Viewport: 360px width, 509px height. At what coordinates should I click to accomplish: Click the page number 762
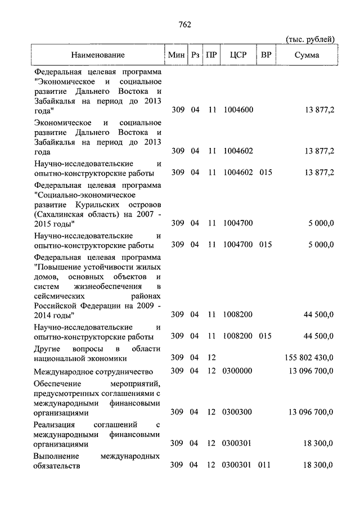184,24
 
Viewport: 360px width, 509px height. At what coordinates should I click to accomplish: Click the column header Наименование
98,55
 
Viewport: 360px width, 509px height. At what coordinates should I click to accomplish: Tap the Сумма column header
307,55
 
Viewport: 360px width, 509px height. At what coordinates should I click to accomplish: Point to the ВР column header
266,55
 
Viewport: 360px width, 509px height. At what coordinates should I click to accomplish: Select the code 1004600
238,110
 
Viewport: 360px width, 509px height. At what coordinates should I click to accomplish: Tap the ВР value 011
265,465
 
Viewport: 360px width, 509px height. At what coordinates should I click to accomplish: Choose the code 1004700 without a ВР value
238,223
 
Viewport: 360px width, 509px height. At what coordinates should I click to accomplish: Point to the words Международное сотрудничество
93,371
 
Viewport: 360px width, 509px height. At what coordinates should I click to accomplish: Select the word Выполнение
56,456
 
